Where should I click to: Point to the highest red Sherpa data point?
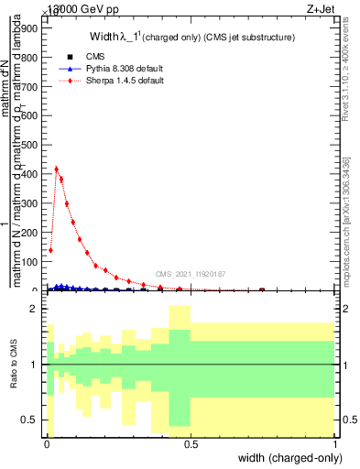(57, 169)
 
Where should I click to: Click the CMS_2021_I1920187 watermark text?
(191, 273)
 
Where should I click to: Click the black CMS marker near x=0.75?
(262, 290)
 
